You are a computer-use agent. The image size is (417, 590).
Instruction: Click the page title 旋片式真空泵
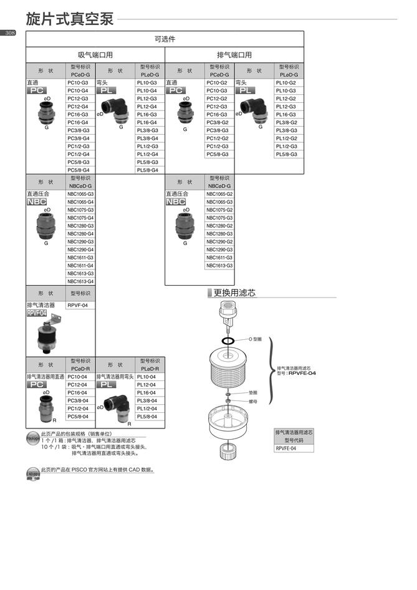pyautogui.click(x=69, y=19)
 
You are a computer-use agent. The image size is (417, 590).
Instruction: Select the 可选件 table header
pyautogui.click(x=165, y=39)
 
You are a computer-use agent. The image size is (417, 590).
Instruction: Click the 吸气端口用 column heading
pyautogui.click(x=95, y=55)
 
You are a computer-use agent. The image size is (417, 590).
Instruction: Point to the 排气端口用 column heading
pyautogui.click(x=234, y=55)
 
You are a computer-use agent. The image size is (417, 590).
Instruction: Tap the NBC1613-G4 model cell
pyautogui.click(x=81, y=281)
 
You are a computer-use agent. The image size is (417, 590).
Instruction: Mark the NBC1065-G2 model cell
pyautogui.click(x=220, y=194)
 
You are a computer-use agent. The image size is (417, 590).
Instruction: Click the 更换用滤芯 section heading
pyautogui.click(x=234, y=293)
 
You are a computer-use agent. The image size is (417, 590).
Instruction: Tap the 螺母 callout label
pyautogui.click(x=254, y=402)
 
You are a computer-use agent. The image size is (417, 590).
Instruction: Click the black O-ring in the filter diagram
pyautogui.click(x=228, y=341)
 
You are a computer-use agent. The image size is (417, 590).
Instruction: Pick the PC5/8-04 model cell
pyautogui.click(x=78, y=417)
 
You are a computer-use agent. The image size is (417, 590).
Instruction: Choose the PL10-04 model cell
pyautogui.click(x=146, y=377)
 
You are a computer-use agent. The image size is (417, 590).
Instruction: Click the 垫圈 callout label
pyautogui.click(x=254, y=394)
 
